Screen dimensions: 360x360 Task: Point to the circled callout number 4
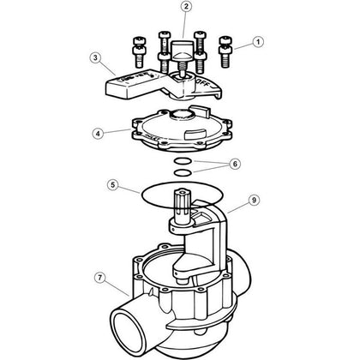pos(101,133)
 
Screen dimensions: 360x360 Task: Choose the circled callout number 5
pos(112,183)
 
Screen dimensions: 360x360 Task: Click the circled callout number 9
pos(254,200)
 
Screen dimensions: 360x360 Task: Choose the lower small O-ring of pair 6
pos(180,171)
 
